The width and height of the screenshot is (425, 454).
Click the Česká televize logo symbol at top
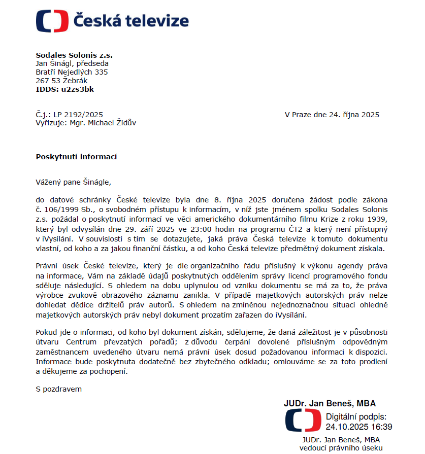coord(52,21)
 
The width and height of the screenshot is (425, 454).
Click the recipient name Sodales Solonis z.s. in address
coord(74,55)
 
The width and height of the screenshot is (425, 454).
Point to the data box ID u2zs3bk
coord(77,89)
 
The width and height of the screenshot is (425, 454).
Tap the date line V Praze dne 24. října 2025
coord(332,115)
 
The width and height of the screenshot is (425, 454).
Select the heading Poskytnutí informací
coord(76,157)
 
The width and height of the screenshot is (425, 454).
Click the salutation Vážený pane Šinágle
coord(73,182)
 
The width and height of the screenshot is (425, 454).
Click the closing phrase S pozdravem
coord(58,389)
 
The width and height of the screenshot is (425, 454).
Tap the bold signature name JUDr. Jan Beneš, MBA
coord(330,404)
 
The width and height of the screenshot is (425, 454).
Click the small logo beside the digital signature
coord(303,421)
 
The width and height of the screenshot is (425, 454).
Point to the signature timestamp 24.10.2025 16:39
coord(358,427)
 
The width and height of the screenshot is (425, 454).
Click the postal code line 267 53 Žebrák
coord(61,81)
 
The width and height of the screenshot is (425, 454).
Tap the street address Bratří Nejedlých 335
coord(72,72)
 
